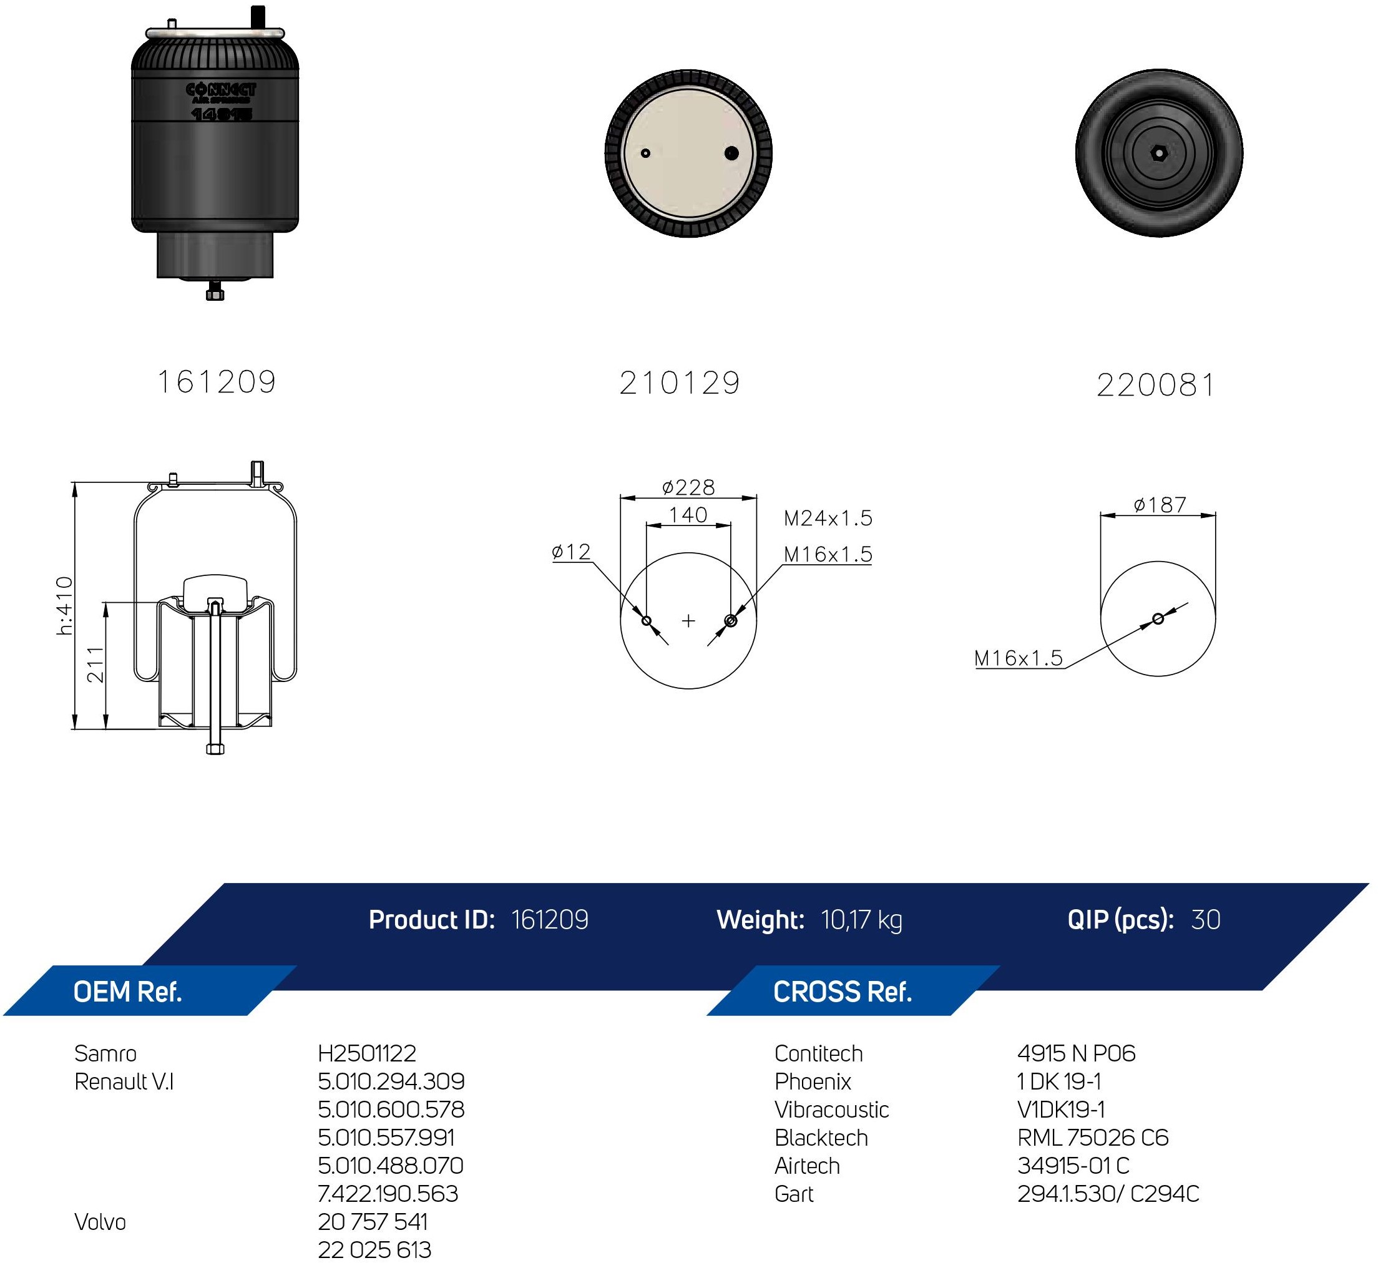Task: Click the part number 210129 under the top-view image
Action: (x=680, y=383)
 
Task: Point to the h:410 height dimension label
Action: (x=64, y=605)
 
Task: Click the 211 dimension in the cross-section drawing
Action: (x=95, y=665)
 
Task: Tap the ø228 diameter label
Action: (x=688, y=487)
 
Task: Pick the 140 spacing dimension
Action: (x=688, y=515)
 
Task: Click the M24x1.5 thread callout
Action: (x=828, y=518)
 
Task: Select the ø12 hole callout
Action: (x=571, y=551)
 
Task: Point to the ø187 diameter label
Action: (x=1160, y=505)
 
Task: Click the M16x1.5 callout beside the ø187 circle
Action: (x=1019, y=658)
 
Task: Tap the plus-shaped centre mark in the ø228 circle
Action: (x=688, y=621)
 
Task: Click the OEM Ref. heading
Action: (x=127, y=992)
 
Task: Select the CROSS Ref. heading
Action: (x=843, y=992)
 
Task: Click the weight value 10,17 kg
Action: (x=861, y=920)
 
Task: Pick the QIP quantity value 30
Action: (x=1206, y=920)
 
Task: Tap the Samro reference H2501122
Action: (x=367, y=1053)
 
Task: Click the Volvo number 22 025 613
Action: (x=374, y=1249)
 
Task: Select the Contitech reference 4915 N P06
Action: (x=1076, y=1053)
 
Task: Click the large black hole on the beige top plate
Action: (x=731, y=153)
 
